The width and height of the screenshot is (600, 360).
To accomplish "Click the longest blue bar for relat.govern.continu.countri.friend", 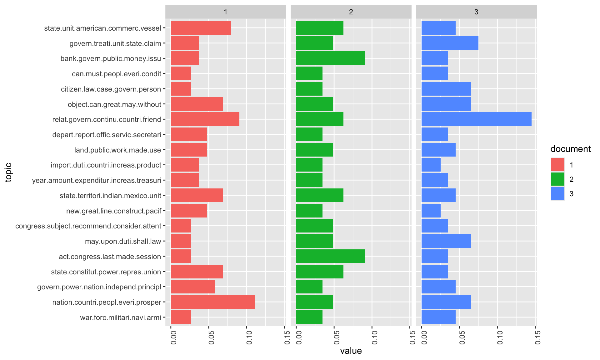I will pyautogui.click(x=476, y=119).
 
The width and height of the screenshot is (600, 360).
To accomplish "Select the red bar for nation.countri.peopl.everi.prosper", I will pyautogui.click(x=213, y=302).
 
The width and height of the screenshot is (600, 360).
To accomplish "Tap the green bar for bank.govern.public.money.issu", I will pyautogui.click(x=330, y=58).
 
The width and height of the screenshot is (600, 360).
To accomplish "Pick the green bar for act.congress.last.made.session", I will pyautogui.click(x=330, y=256).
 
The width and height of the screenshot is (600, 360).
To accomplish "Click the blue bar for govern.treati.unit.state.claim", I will pyautogui.click(x=450, y=43).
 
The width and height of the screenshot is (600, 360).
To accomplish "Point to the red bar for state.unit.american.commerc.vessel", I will pyautogui.click(x=201, y=28).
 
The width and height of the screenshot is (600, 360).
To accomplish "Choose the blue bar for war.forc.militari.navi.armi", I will pyautogui.click(x=438, y=317).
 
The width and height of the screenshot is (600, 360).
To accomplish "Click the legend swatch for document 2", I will pyautogui.click(x=557, y=179).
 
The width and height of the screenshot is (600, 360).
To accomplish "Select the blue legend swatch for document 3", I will pyautogui.click(x=557, y=193).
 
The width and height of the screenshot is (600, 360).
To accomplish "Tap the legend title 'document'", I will pyautogui.click(x=570, y=149).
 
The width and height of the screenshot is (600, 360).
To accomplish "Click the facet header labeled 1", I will pyautogui.click(x=226, y=12).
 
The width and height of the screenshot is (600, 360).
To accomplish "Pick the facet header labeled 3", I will pyautogui.click(x=476, y=12).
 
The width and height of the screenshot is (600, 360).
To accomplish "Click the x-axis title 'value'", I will pyautogui.click(x=351, y=351).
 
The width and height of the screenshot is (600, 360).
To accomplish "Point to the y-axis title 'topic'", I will pyautogui.click(x=8, y=172).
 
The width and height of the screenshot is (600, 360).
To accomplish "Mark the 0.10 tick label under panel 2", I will pyautogui.click(x=375, y=337).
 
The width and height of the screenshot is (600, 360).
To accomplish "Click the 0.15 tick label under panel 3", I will pyautogui.click(x=538, y=337).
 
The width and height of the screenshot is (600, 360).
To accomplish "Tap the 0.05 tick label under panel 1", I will pyautogui.click(x=212, y=337).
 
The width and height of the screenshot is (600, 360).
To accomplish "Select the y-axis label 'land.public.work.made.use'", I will pyautogui.click(x=117, y=150).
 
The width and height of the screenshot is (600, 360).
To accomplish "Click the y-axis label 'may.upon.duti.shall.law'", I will pyautogui.click(x=123, y=241).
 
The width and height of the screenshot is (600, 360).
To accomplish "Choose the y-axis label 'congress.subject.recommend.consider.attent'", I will pyautogui.click(x=88, y=226).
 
